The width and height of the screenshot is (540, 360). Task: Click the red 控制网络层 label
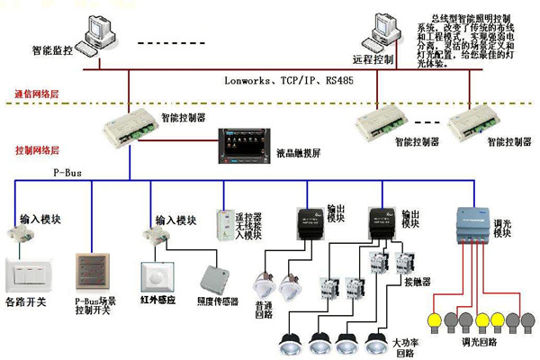pyautogui.click(x=37, y=149)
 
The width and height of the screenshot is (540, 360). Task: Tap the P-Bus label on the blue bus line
pyautogui.click(x=67, y=171)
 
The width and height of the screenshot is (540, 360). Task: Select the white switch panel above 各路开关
pyautogui.click(x=28, y=274)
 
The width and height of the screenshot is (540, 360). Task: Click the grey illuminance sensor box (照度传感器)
pyautogui.click(x=216, y=278)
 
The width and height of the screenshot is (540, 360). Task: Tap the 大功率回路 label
pyautogui.click(x=403, y=347)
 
